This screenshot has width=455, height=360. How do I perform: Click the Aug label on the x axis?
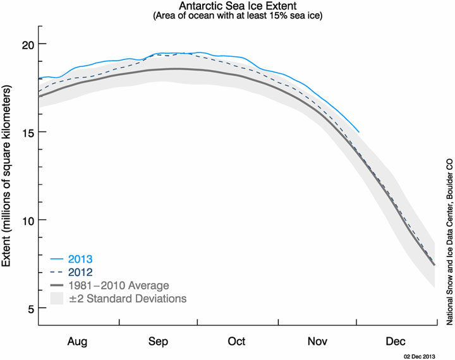coord(78,341)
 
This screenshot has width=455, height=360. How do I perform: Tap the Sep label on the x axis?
coord(157,341)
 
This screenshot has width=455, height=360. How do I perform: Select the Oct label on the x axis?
coord(237,341)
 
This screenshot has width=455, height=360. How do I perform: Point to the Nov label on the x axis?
coord(317,341)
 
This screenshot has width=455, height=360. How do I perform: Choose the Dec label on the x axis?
coord(396,341)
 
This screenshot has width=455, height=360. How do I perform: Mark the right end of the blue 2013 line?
coord(358,132)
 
